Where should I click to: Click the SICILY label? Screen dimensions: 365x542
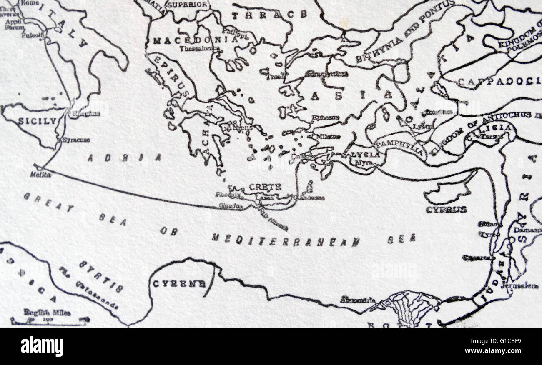click(x=37, y=121)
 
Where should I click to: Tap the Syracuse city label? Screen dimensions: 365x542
click(x=76, y=140)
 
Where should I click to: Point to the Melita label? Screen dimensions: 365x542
click(x=41, y=175)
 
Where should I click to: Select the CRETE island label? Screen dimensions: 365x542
click(x=265, y=187)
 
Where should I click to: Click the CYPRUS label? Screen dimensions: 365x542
click(x=446, y=210)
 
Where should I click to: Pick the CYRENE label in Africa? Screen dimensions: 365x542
click(x=179, y=284)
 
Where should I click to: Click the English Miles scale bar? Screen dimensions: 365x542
click(x=48, y=320)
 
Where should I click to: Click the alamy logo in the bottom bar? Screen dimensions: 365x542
click(x=42, y=346)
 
